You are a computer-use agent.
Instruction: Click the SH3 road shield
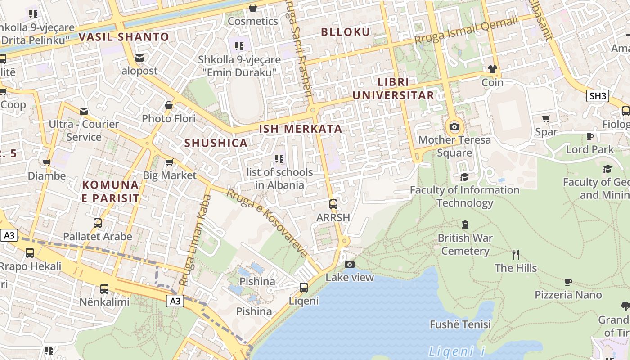[598, 95]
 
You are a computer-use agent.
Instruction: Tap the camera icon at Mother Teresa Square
[454, 126]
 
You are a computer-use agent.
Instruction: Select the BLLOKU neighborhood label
[346, 32]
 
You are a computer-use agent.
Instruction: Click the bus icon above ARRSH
[333, 204]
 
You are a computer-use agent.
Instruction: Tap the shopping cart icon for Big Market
[170, 162]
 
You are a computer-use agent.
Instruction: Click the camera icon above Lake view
[350, 264]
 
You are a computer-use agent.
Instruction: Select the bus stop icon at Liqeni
[304, 287]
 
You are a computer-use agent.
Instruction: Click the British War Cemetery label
[465, 244]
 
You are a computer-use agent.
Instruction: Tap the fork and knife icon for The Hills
[516, 255]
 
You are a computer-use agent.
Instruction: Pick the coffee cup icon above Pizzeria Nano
[568, 282]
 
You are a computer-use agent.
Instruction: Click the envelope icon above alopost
[139, 58]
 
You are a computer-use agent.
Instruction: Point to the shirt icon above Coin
[493, 69]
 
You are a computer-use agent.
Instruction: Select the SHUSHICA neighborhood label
[216, 143]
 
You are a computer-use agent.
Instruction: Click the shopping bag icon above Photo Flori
[169, 105]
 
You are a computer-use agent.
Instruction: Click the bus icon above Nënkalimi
[104, 288]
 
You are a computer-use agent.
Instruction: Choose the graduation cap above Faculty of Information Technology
[464, 177]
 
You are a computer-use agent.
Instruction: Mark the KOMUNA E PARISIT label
[111, 192]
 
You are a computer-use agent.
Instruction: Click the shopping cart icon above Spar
[546, 119]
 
